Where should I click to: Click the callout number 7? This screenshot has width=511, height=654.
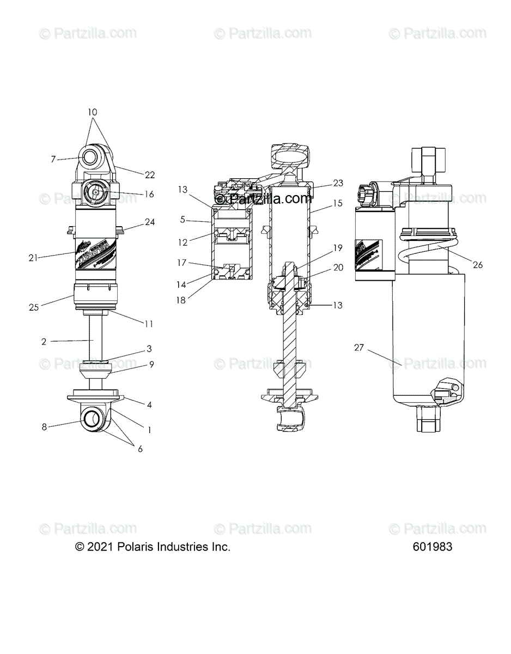[53, 159]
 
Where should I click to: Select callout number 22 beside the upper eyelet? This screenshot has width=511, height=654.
[150, 174]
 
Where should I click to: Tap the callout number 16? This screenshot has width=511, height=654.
[149, 194]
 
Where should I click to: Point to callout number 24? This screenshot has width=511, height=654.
[150, 222]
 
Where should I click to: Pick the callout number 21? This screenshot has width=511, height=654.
[33, 258]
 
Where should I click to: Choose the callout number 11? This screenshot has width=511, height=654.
[148, 324]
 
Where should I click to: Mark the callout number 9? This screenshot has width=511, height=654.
[151, 365]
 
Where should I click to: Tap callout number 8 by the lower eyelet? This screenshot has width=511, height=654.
[44, 427]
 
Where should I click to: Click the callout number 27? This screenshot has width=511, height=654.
[358, 348]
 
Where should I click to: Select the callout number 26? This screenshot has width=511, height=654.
[477, 265]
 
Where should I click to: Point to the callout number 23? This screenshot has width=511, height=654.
[338, 183]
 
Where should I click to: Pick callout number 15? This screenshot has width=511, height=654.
[338, 203]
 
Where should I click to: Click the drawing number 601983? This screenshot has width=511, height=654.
[432, 547]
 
